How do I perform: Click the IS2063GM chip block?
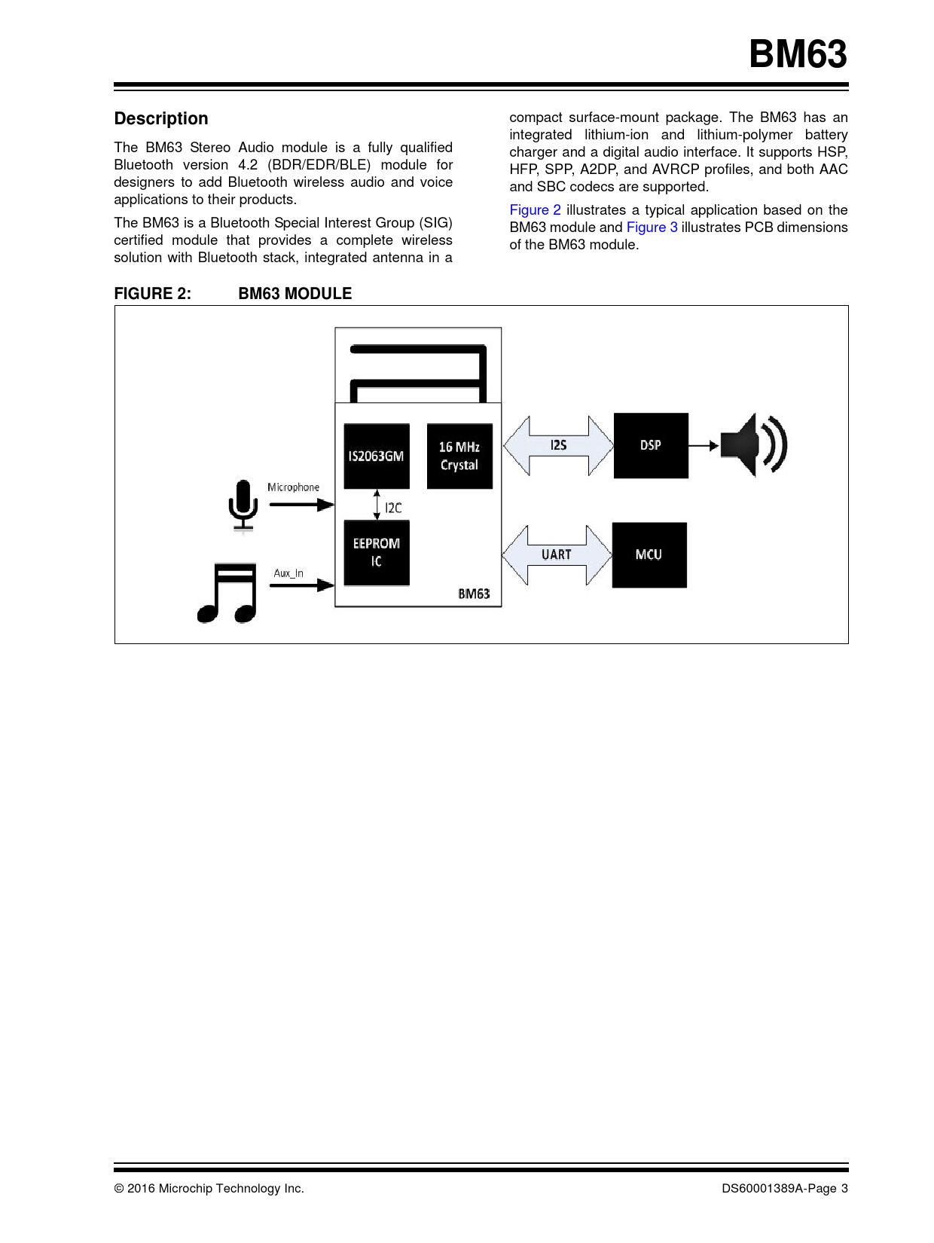pyautogui.click(x=377, y=456)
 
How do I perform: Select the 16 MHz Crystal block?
pyautogui.click(x=459, y=456)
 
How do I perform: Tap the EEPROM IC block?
pyautogui.click(x=377, y=552)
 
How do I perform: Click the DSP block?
pyautogui.click(x=651, y=445)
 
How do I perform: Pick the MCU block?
pyautogui.click(x=649, y=554)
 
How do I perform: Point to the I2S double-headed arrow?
pyautogui.click(x=558, y=445)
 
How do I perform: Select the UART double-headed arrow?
pyautogui.click(x=557, y=554)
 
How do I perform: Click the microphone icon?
pyautogui.click(x=243, y=505)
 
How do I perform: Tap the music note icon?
pyautogui.click(x=227, y=594)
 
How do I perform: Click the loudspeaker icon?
pyautogui.click(x=753, y=444)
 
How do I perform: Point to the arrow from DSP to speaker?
pyautogui.click(x=704, y=445)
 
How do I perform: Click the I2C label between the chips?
pyautogui.click(x=393, y=508)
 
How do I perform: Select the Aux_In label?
pyautogui.click(x=288, y=573)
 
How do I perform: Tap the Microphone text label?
pyautogui.click(x=293, y=487)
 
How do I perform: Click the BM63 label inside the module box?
pyautogui.click(x=474, y=594)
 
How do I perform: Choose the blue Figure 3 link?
pyautogui.click(x=652, y=228)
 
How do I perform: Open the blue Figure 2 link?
pyautogui.click(x=535, y=210)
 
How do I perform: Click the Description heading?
pyautogui.click(x=161, y=119)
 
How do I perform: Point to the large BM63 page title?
pyautogui.click(x=798, y=55)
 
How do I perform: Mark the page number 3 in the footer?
pyautogui.click(x=844, y=1188)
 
